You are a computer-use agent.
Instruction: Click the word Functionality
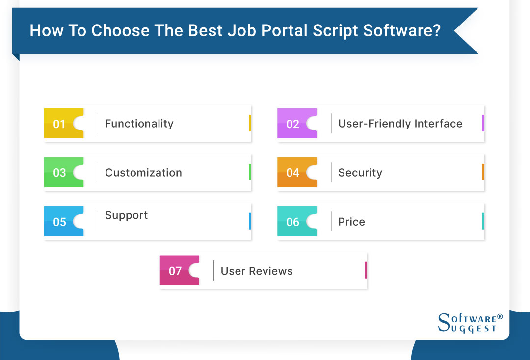[139, 124]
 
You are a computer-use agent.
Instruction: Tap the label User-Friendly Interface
[400, 124]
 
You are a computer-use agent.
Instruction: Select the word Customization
[143, 173]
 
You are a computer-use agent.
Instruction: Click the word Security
[360, 173]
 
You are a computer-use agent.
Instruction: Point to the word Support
[126, 215]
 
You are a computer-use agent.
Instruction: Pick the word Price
[351, 222]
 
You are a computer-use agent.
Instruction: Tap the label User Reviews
[257, 271]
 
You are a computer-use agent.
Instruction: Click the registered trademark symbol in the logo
[500, 317]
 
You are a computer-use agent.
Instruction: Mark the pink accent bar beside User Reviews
[366, 270]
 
